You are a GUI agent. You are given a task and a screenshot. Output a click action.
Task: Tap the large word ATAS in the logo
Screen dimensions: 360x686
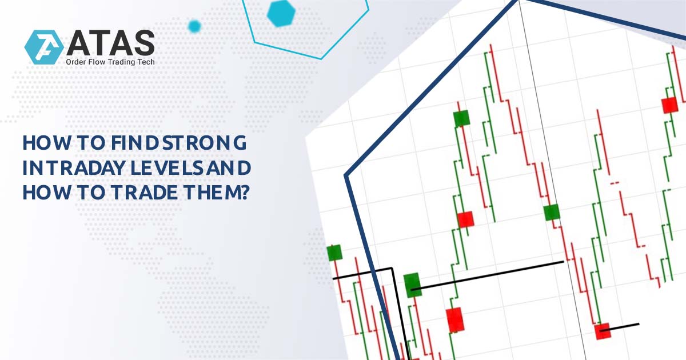(109, 43)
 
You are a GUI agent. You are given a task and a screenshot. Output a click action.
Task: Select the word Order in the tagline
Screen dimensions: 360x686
(78, 62)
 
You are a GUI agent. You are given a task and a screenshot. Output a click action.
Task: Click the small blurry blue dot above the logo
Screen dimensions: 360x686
(194, 26)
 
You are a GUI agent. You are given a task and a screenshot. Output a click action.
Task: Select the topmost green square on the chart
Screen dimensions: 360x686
(461, 118)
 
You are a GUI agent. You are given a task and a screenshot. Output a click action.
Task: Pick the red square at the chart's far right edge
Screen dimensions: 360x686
(669, 106)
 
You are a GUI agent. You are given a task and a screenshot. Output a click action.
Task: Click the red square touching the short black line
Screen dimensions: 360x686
(602, 330)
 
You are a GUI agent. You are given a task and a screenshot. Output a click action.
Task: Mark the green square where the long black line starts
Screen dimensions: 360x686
(412, 284)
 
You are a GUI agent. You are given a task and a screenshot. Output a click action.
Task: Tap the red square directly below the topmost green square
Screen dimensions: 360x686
(465, 219)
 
